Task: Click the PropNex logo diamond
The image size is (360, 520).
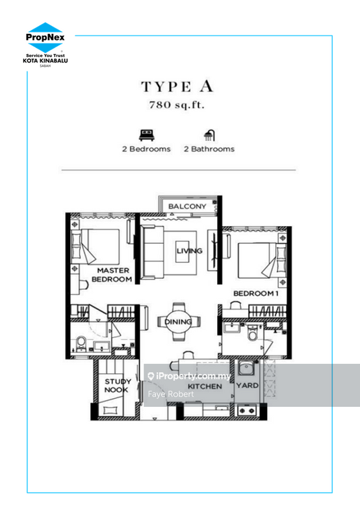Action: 45,37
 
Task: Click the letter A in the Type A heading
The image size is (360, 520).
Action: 206,86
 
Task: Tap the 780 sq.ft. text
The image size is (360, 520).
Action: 177,105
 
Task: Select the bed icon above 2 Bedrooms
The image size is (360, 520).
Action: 146,135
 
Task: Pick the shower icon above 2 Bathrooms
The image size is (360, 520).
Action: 209,135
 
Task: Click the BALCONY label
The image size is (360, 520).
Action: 187,206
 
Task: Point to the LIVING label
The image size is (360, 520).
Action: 189,251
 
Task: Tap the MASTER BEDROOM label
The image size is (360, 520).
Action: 112,275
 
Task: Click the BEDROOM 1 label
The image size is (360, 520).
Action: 255,293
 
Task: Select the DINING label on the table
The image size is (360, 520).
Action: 178,322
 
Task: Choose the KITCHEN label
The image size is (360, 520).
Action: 205,386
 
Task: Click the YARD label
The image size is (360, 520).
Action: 248,385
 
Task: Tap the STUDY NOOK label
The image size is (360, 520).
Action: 117,385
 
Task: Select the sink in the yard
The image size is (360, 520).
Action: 246,368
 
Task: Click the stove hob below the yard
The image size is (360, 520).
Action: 247,411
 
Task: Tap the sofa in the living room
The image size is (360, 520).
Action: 152,252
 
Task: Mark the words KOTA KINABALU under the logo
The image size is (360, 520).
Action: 45,60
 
